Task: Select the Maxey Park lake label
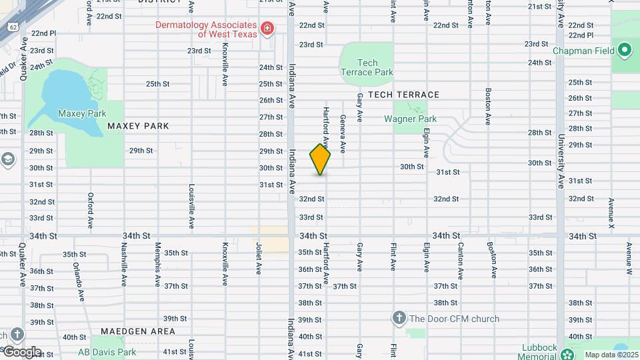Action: click(82, 113)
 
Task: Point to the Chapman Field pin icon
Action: click(625, 50)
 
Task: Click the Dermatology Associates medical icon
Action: click(267, 28)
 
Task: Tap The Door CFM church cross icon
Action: click(399, 318)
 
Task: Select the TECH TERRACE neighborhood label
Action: click(403, 95)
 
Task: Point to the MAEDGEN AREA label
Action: click(138, 331)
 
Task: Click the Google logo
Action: click(22, 351)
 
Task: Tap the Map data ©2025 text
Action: click(610, 355)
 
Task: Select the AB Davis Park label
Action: click(107, 352)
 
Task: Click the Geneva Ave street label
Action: click(343, 133)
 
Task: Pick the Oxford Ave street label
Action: click(90, 209)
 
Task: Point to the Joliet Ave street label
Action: click(258, 259)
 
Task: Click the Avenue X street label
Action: click(611, 214)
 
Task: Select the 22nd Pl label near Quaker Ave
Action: click(43, 33)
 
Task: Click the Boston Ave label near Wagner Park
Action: click(489, 107)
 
